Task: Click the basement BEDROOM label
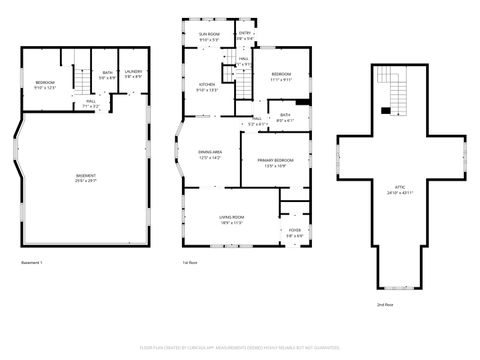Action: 45,83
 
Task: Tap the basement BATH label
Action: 107,73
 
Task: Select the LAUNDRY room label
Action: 133,73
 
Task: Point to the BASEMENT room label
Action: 86,178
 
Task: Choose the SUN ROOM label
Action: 208,36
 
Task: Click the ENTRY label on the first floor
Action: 245,35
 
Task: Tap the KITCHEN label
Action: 206,86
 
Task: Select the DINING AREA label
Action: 210,154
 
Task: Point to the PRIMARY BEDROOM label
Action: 275,162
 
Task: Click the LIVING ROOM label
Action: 231,219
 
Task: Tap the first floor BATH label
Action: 285,117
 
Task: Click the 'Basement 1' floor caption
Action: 32,263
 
